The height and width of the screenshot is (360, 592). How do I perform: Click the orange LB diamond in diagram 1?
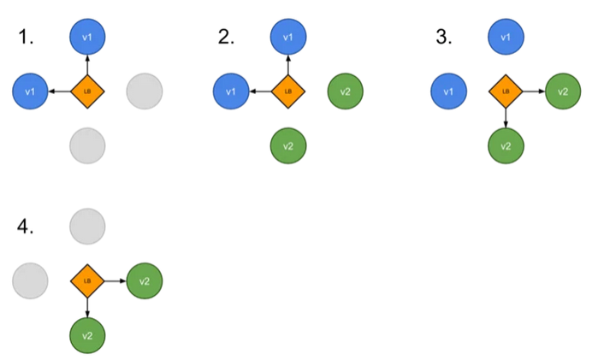point(87,91)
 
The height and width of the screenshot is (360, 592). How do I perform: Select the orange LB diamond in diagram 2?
point(288,91)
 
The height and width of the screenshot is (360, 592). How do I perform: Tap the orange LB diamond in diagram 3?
point(506,91)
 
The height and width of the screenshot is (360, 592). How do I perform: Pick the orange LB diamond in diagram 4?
point(87,280)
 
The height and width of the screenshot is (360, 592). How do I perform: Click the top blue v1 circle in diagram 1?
point(87,37)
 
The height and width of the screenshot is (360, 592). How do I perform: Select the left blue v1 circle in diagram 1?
point(31,91)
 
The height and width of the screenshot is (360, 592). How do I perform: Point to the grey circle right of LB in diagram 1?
point(145,91)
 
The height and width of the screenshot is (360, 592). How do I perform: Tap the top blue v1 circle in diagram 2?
point(288,37)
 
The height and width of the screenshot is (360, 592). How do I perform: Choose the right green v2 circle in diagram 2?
point(345,91)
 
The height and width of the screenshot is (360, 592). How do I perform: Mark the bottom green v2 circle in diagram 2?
point(288,145)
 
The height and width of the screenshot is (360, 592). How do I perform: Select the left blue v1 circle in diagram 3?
point(448,91)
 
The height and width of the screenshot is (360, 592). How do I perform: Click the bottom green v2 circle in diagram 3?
point(506,145)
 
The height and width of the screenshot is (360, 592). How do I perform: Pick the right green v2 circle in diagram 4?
point(145,280)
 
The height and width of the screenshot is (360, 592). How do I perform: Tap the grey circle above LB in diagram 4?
point(87,227)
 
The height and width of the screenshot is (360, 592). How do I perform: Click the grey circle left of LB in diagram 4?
point(31,280)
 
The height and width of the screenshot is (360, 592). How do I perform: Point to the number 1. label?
point(27,37)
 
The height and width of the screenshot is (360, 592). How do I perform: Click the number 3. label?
point(443,37)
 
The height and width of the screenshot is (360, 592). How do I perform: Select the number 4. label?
point(27,227)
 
